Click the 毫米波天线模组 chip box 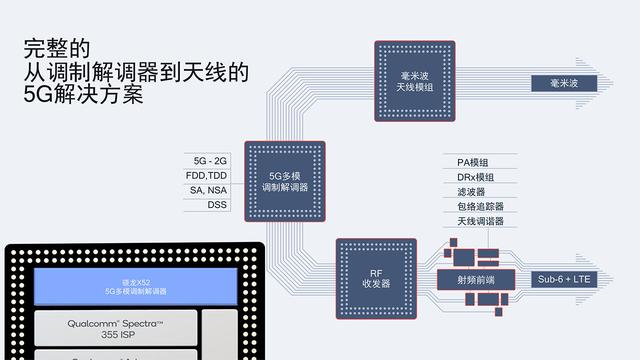point(414,81)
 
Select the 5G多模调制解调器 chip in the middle point(285,180)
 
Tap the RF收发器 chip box point(375,278)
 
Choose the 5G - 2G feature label point(208,161)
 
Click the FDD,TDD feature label point(208,176)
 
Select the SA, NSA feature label point(208,190)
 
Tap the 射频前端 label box point(475,279)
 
